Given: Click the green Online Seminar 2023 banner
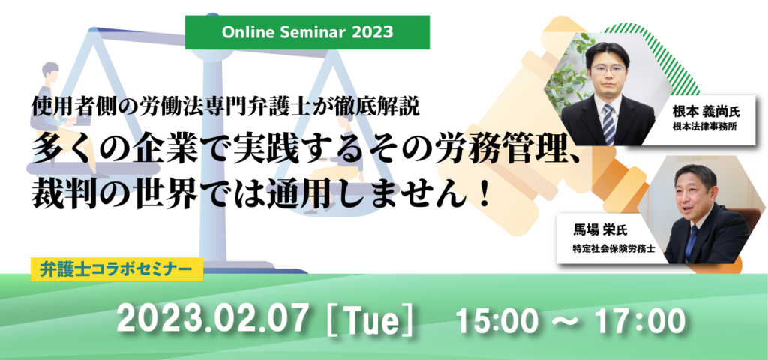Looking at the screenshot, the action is click(x=307, y=32).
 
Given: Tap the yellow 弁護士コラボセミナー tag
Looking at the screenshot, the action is click(x=117, y=269).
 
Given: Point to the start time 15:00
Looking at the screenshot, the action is click(x=498, y=320).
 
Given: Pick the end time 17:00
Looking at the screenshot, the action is click(x=640, y=320).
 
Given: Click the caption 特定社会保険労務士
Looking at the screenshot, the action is click(x=606, y=248).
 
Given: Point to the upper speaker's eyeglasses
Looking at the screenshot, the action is click(x=607, y=69).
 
